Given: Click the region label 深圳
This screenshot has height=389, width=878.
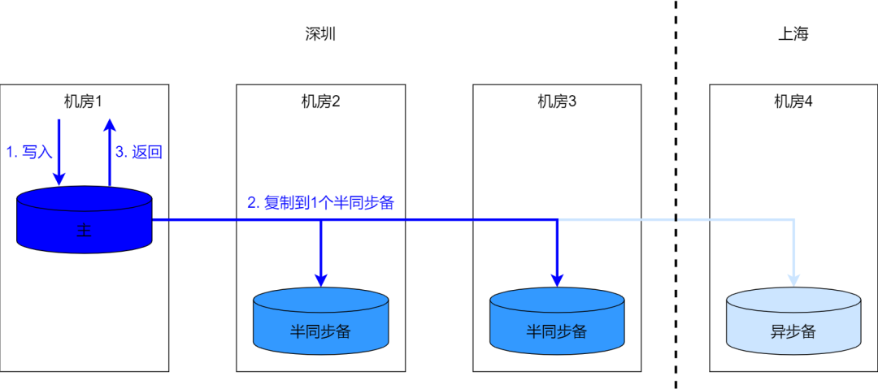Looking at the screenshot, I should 320,34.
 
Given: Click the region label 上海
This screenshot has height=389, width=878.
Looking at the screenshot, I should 793,34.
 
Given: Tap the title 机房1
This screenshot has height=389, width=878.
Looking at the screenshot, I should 85,102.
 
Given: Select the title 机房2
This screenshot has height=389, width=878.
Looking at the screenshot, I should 320,102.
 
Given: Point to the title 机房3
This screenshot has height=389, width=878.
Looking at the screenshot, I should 557,102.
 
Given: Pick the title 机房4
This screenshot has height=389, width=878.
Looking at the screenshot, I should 793,102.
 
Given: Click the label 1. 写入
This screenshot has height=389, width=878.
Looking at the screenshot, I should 29,152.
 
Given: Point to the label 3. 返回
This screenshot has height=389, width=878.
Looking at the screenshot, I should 139,152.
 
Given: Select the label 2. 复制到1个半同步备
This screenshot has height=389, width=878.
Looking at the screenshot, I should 320,203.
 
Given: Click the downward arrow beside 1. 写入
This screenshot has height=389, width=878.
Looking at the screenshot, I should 59,150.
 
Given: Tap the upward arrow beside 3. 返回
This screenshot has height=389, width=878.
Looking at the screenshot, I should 110,150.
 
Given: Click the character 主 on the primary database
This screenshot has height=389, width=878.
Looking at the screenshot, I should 85,231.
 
